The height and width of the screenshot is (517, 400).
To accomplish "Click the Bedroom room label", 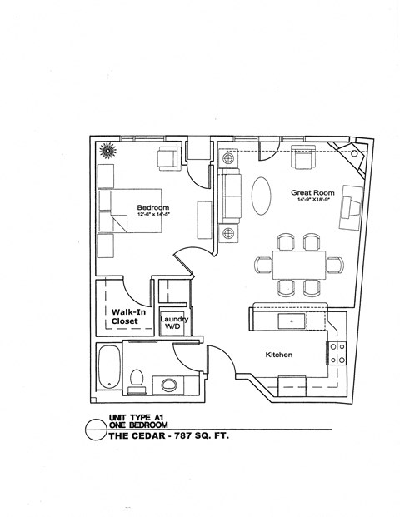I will point(153,207).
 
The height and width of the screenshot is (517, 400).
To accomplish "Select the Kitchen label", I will point(278,355).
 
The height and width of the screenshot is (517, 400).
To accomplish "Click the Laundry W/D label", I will point(174,323).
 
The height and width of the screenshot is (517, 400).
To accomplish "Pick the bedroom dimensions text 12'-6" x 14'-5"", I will point(153,215).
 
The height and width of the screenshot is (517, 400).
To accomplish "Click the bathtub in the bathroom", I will point(109,367).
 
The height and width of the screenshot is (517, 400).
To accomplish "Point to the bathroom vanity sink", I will point(169,384).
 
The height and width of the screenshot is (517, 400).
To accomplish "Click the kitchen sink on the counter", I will point(292,319).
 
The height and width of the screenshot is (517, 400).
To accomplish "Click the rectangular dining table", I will point(299,265).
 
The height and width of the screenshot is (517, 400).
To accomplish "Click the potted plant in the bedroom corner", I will point(107,151).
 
